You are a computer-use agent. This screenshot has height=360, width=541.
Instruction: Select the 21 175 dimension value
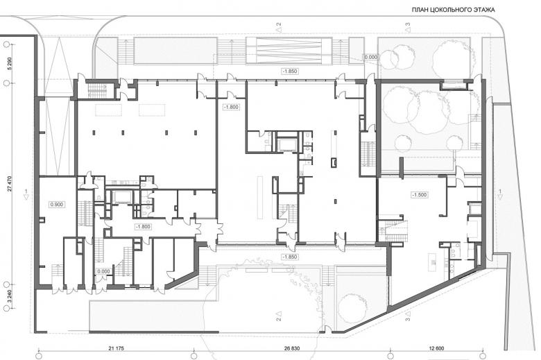click(116, 348)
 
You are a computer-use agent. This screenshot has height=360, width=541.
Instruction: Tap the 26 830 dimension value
click(292, 348)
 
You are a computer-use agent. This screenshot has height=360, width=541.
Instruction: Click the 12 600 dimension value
click(436, 348)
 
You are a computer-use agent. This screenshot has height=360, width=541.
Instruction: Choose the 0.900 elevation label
click(57, 205)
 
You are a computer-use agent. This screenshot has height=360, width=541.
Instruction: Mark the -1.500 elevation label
click(420, 195)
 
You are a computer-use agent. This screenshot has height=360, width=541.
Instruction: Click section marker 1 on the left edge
click(26, 194)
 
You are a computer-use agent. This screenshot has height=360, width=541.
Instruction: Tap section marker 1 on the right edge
click(500, 194)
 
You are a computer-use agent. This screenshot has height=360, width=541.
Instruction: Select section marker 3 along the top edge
click(408, 27)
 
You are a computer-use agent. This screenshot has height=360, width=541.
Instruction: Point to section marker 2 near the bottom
click(279, 316)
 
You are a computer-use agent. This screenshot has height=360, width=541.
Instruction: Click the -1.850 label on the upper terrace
click(290, 71)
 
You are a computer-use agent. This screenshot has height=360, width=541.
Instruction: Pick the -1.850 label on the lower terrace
click(290, 257)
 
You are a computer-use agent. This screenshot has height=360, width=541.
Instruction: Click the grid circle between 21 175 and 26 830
click(194, 356)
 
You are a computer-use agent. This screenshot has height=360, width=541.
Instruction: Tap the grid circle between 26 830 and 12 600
click(390, 356)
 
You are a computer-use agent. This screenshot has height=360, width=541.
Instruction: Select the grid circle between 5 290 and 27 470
click(7, 83)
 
